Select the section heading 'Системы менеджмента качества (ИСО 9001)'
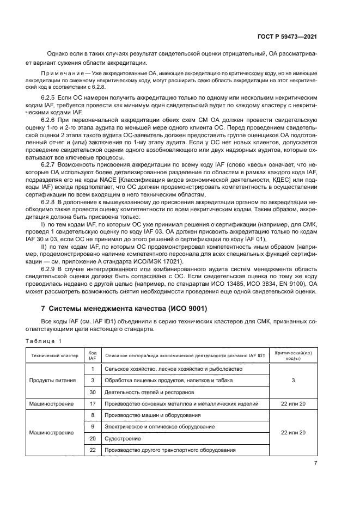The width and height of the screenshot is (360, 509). pyautogui.click(x=124, y=309)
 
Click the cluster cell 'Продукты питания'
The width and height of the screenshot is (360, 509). pyautogui.click(x=52, y=381)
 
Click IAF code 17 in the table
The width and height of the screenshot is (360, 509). pyautogui.click(x=93, y=403)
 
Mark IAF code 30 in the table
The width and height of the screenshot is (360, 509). pyautogui.click(x=93, y=392)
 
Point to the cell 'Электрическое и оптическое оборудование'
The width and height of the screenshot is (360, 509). pyautogui.click(x=160, y=427)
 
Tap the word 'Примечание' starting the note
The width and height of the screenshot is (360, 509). pyautogui.click(x=63, y=73)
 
